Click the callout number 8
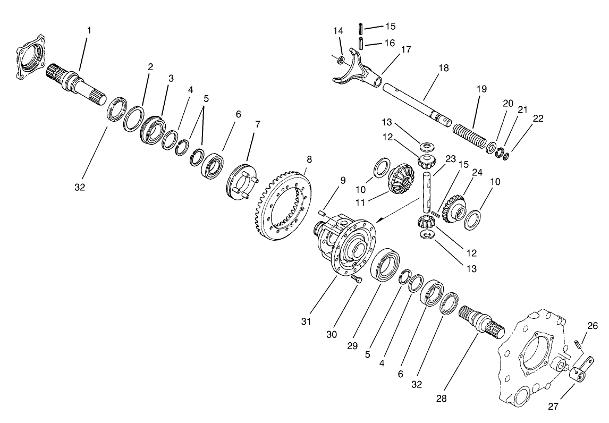(x=309, y=159)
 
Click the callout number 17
(x=406, y=50)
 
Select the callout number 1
(x=89, y=30)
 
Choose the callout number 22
(x=538, y=119)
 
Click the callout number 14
(x=339, y=30)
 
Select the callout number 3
(x=171, y=78)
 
